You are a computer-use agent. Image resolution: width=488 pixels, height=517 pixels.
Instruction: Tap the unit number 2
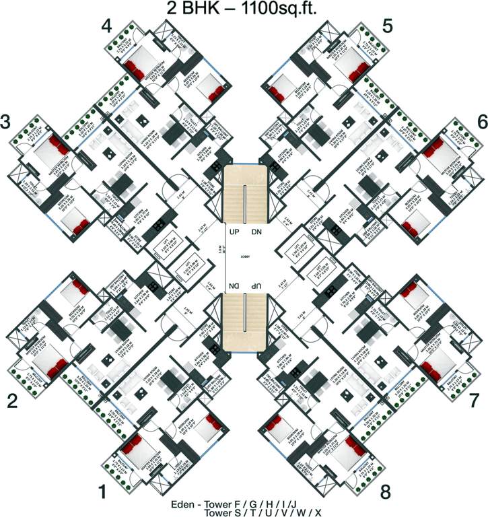pos(12,401)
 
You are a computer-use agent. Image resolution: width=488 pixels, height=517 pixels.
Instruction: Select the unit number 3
pos(6,123)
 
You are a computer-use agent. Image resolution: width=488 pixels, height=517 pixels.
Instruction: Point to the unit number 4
pos(106,26)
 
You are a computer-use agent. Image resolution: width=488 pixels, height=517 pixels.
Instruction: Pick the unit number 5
pos(386,26)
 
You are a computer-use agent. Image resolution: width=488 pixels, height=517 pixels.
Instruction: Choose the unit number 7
pos(474,401)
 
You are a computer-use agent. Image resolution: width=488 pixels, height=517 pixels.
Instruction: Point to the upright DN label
pos(256,232)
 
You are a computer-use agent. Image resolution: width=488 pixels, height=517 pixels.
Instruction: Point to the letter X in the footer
pos(318,512)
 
